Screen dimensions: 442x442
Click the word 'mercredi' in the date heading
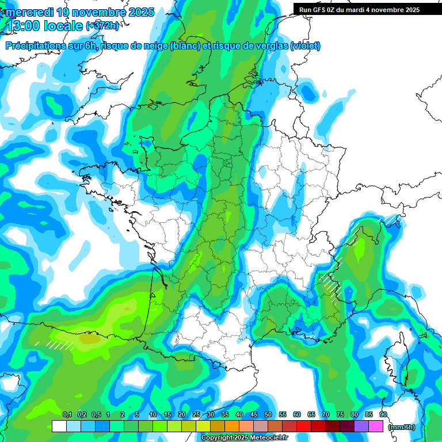(30, 12)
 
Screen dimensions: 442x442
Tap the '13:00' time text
(24, 25)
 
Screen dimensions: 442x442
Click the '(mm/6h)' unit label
(402, 427)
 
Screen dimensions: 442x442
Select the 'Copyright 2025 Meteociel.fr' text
(244, 438)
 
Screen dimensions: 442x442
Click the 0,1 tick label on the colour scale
(67, 414)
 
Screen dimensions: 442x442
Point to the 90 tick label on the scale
(383, 414)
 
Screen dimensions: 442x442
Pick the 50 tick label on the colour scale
(268, 414)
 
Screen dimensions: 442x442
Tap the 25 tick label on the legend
(196, 414)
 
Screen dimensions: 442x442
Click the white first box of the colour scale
(59, 426)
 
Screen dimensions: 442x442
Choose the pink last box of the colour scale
(376, 426)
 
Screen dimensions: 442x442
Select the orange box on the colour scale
(232, 426)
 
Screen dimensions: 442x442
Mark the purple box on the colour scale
(361, 426)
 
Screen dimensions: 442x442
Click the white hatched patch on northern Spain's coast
(60, 345)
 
